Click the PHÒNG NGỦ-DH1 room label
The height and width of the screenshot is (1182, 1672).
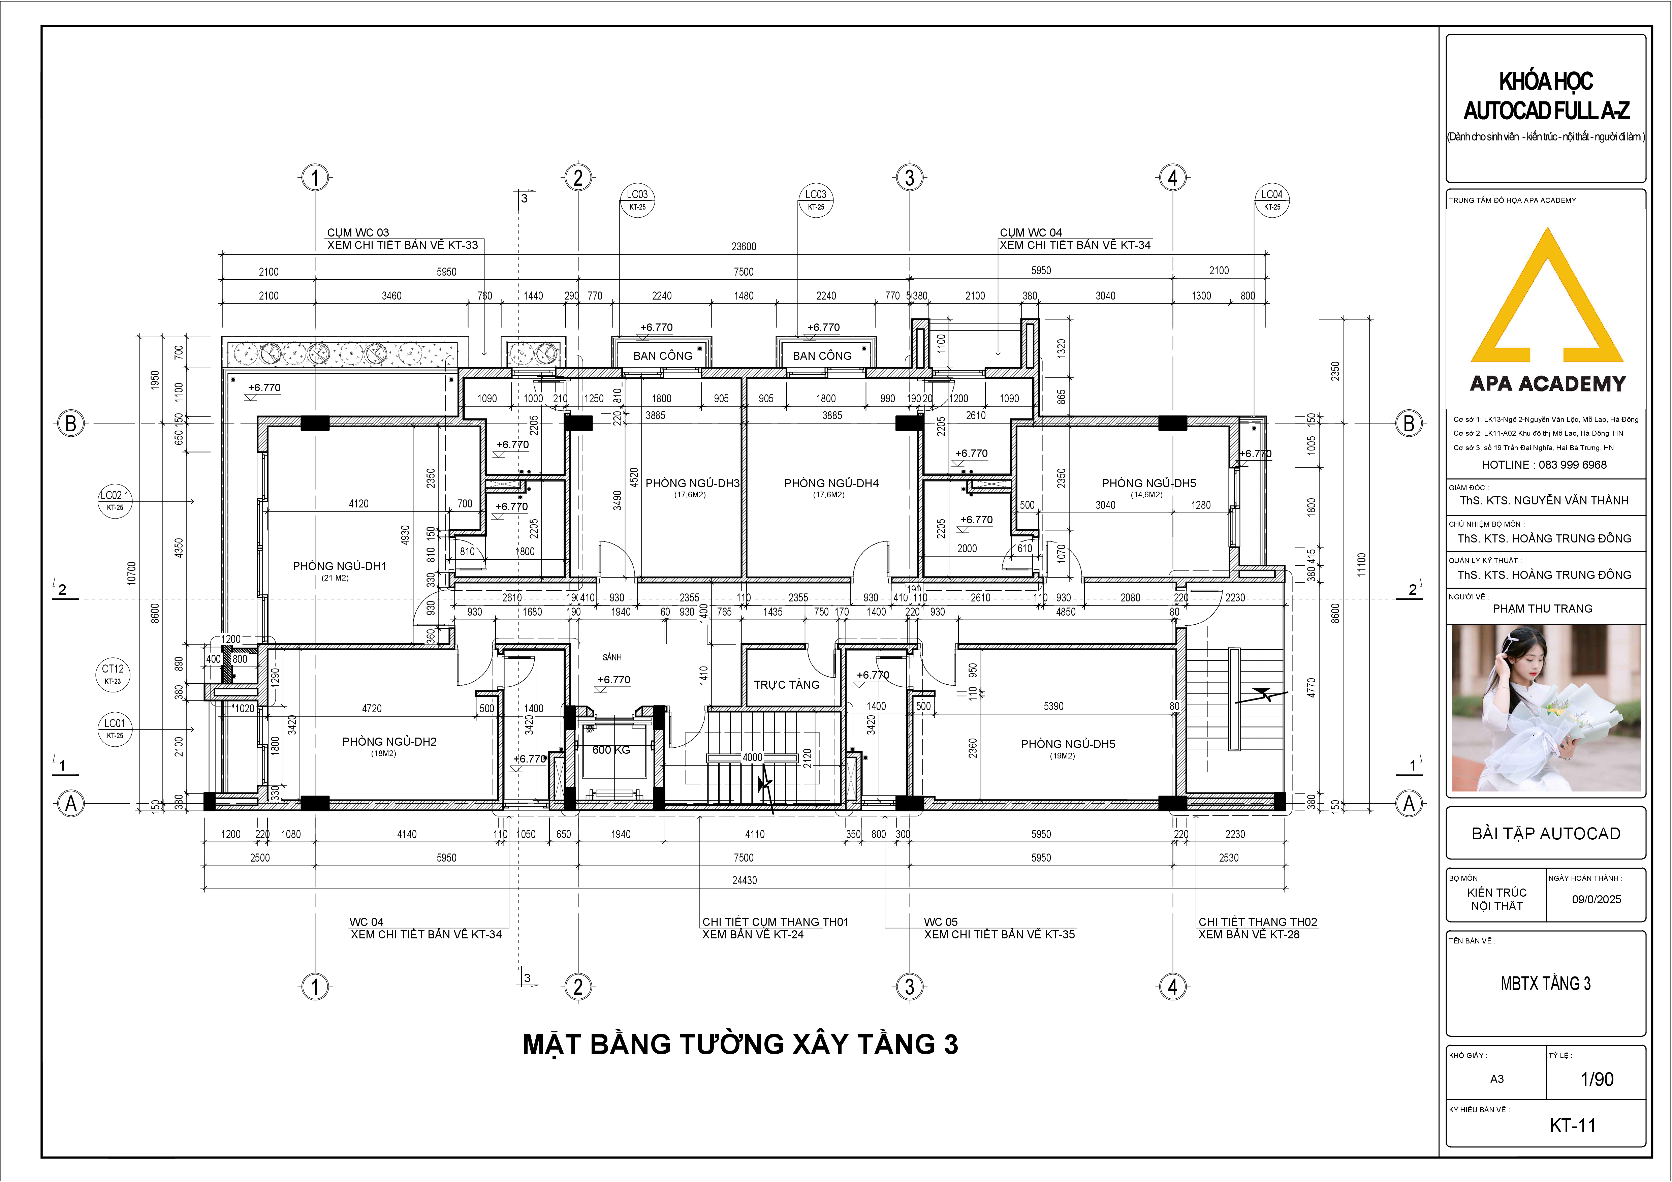(339, 566)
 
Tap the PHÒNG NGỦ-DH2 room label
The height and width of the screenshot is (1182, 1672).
(389, 741)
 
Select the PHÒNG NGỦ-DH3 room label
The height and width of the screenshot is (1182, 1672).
(693, 483)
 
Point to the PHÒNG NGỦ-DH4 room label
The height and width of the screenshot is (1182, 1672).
(832, 483)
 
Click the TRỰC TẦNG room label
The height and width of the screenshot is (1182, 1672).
(787, 685)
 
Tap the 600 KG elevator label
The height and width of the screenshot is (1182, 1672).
(611, 749)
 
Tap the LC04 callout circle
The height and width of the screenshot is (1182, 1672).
(1271, 199)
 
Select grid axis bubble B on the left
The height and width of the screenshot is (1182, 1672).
(71, 423)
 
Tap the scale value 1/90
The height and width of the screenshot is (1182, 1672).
(1597, 1079)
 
